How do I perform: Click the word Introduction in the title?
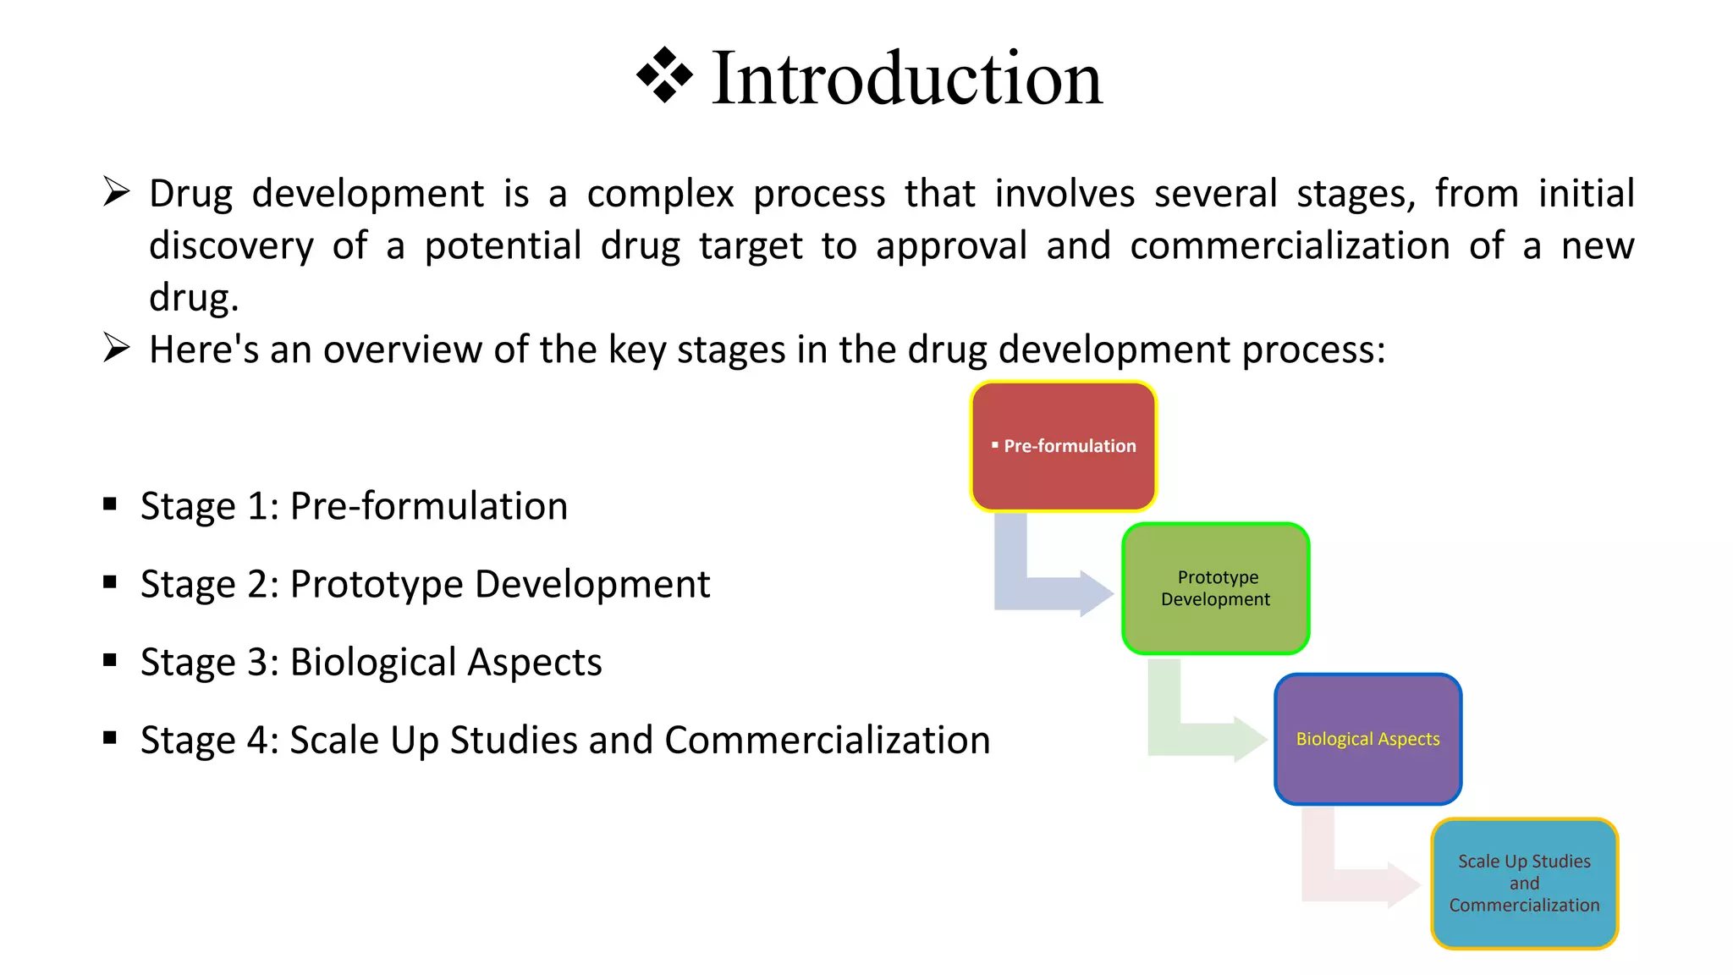[906, 79]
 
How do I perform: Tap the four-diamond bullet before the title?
[664, 75]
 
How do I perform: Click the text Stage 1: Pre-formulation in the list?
[354, 506]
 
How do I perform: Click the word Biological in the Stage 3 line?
[373, 662]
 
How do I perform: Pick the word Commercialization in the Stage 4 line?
[827, 740]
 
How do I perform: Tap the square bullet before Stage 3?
[110, 660]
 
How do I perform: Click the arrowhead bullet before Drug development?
[116, 191]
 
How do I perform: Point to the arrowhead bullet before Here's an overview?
[116, 347]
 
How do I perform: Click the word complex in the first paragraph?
[660, 194]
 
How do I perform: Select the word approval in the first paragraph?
[951, 246]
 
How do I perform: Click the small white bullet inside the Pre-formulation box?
[995, 444]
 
